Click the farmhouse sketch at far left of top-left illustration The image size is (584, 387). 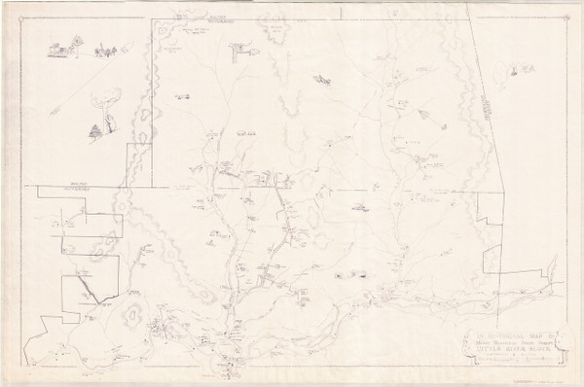point(61,46)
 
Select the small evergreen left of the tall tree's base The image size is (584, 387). point(95,129)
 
